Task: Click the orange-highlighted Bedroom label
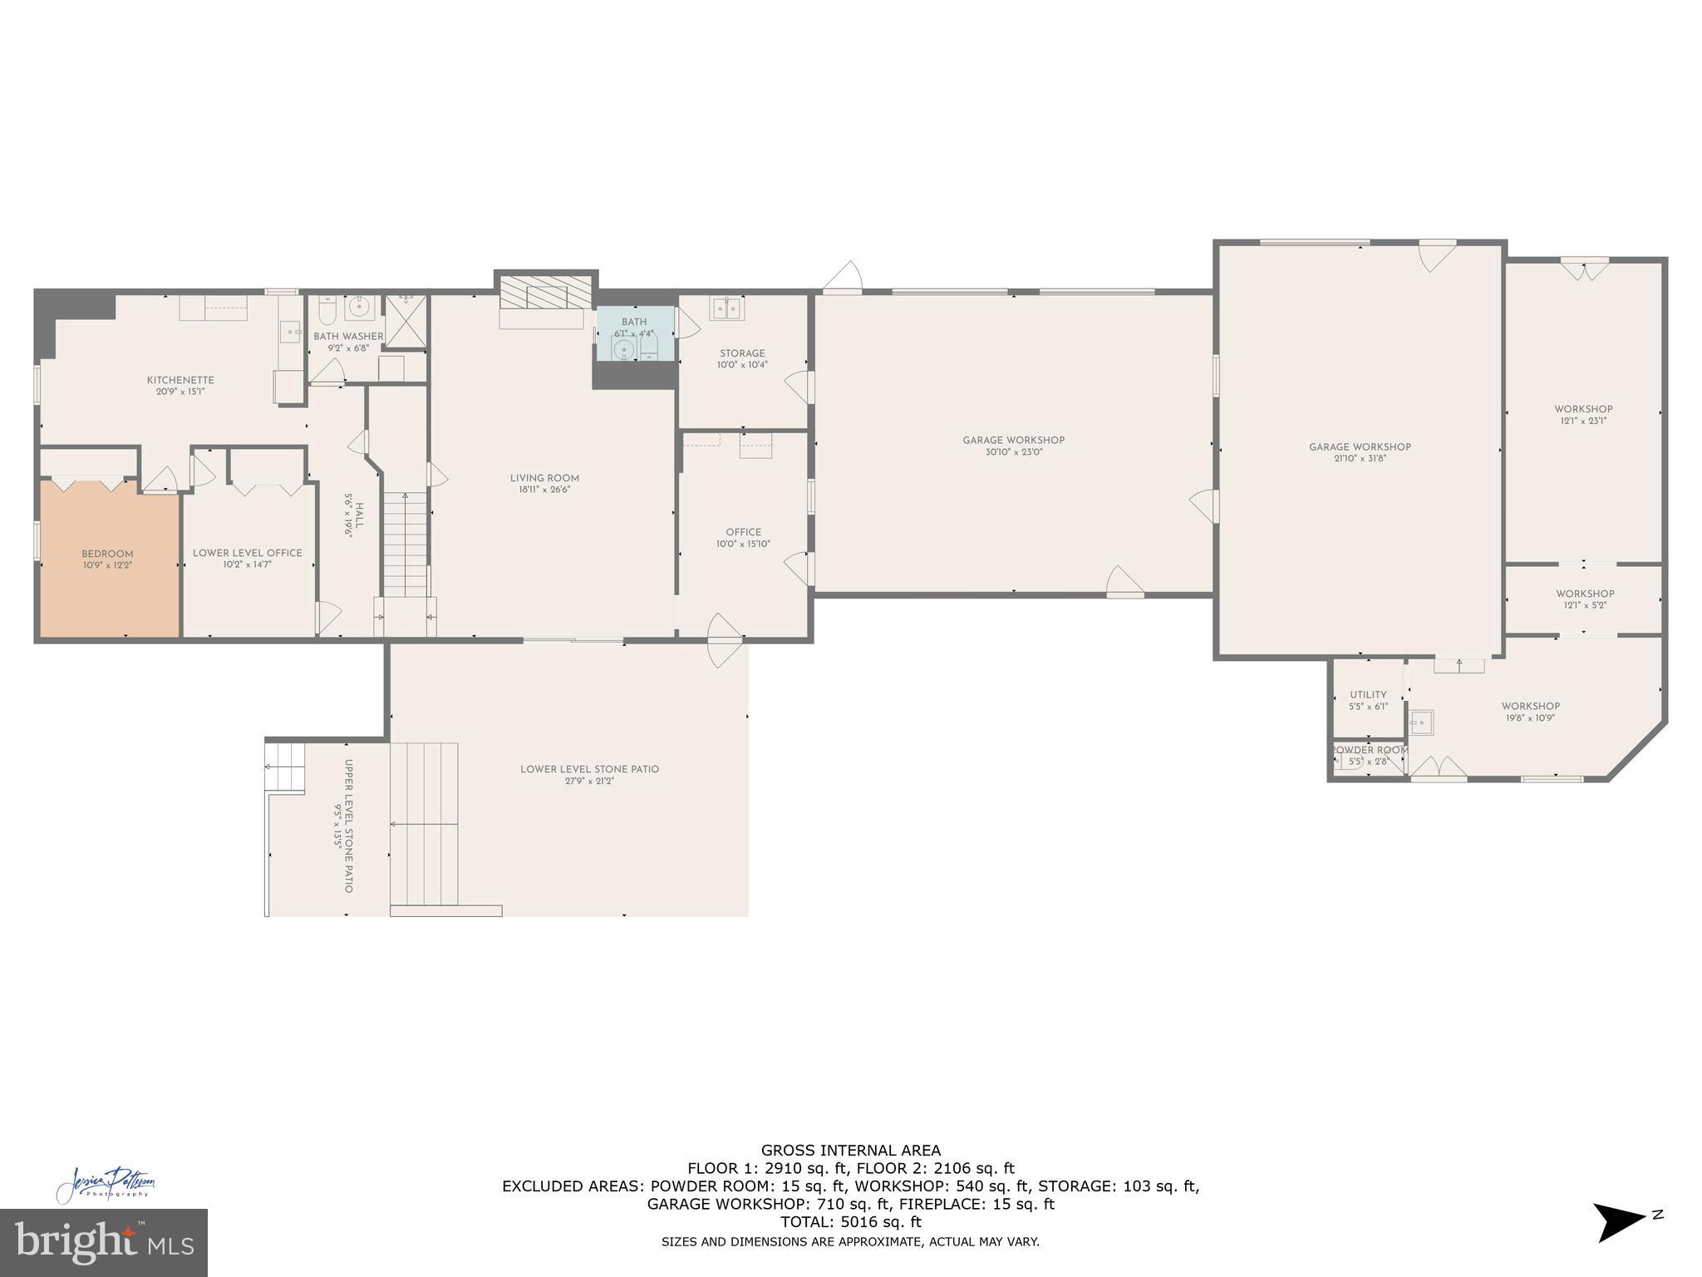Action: point(107,555)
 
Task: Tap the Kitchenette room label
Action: point(180,381)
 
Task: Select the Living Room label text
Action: point(544,478)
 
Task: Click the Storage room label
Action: point(742,353)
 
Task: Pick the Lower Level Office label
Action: point(248,553)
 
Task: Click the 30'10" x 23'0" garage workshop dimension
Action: point(1013,452)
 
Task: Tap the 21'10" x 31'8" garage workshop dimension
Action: point(1360,458)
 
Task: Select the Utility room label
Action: point(1368,695)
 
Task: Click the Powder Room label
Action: point(1369,750)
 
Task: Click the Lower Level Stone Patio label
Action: point(589,769)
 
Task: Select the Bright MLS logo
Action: point(103,1243)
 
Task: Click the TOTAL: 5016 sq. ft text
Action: point(850,1222)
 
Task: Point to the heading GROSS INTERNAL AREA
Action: point(850,1151)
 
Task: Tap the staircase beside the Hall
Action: point(405,545)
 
